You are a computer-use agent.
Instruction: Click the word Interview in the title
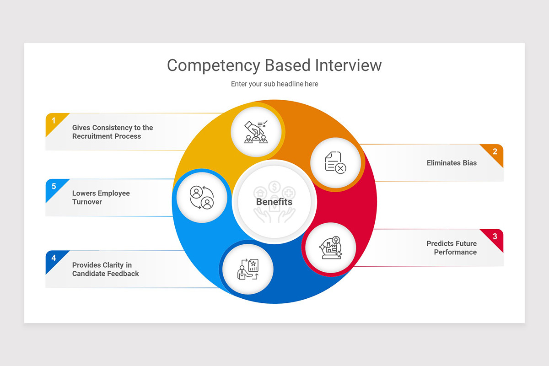point(348,65)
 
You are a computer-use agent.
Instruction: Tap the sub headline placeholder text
point(274,84)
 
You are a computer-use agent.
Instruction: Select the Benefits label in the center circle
point(274,202)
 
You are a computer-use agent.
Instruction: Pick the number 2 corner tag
point(495,152)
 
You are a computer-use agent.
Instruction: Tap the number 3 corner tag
point(495,237)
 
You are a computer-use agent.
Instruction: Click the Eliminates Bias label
point(452,163)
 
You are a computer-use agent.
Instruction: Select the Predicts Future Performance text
point(452,248)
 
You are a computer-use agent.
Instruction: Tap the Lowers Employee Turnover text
point(101,198)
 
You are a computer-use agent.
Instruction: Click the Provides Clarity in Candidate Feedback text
point(106,269)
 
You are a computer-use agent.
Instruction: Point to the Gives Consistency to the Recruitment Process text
point(113,132)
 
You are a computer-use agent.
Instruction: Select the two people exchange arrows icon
point(202,197)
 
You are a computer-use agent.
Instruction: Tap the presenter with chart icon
point(248,269)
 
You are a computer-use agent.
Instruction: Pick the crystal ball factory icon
point(330,248)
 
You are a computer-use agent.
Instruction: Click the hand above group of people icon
point(256,132)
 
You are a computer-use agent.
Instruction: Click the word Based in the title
point(288,65)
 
